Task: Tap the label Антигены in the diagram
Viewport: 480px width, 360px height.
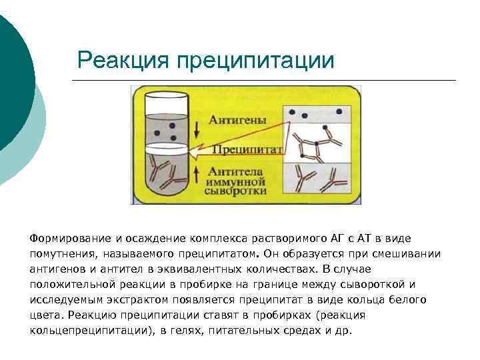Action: (x=237, y=120)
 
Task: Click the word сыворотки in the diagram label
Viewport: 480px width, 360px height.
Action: (x=237, y=191)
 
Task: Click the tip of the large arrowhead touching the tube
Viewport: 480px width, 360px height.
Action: (x=189, y=154)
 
